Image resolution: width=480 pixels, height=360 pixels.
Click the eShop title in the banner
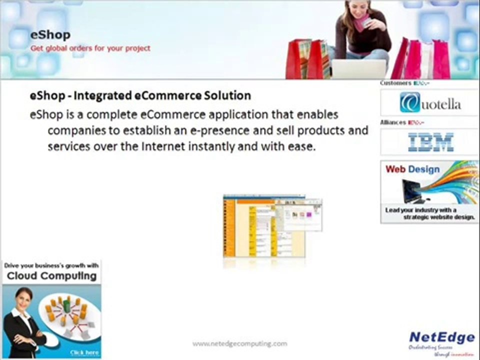coord(50,35)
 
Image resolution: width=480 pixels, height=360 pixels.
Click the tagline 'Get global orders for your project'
coord(90,48)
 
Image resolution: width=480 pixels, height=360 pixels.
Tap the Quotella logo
coord(429,103)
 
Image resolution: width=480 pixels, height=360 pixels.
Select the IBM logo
coord(430,142)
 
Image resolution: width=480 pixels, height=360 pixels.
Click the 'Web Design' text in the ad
coord(412,169)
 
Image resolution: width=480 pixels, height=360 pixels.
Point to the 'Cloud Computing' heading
coord(51,276)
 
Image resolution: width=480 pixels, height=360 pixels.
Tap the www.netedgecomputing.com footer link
coord(240,343)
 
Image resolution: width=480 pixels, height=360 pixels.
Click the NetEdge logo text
coord(441,337)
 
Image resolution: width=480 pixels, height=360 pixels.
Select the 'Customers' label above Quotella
coord(395,83)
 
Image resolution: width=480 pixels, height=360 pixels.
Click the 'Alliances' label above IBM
coord(393,122)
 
